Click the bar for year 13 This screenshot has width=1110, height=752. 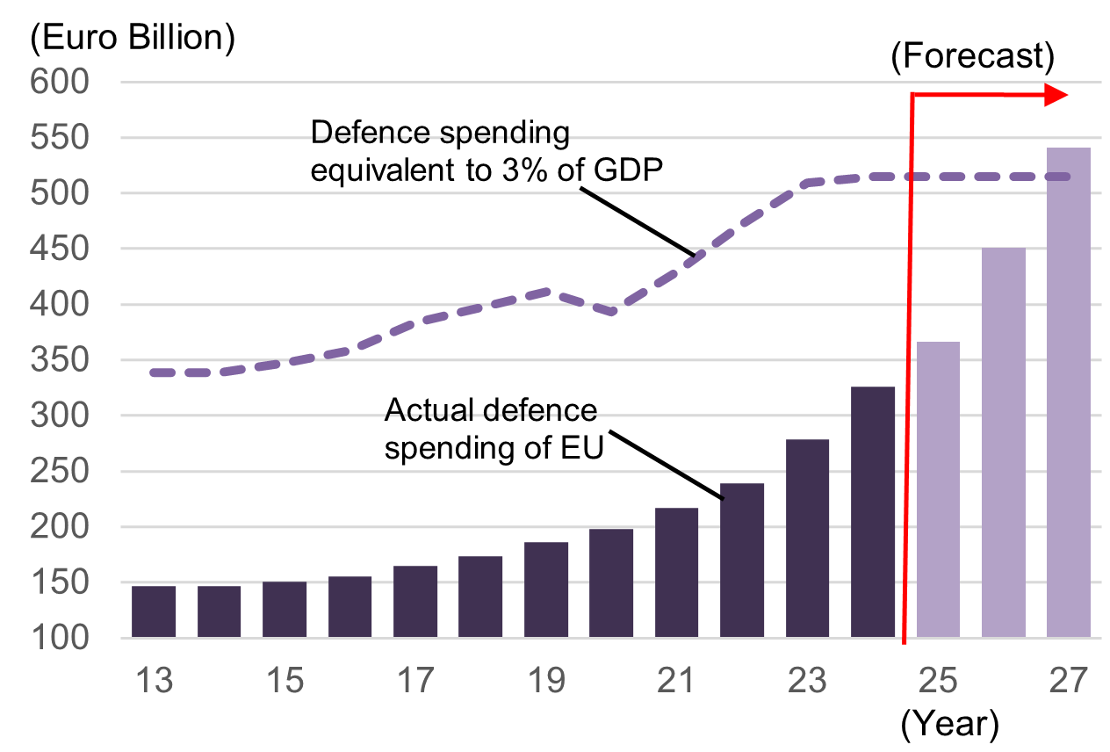click(x=154, y=611)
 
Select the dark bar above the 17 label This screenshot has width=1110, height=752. click(x=415, y=602)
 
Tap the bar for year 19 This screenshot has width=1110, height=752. click(x=546, y=589)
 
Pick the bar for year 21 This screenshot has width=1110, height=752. click(x=677, y=573)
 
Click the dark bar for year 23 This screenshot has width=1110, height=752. click(x=808, y=539)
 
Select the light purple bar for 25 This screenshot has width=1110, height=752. click(x=938, y=489)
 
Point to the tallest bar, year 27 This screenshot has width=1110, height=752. click(x=1069, y=393)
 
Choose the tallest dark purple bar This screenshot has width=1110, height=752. click(x=873, y=512)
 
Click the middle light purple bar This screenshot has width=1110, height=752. click(x=1004, y=443)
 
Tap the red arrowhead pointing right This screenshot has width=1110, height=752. click(x=1056, y=95)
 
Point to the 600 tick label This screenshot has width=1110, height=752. click(x=60, y=83)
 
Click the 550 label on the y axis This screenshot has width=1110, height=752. click(x=60, y=138)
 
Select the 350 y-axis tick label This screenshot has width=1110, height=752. click(x=60, y=360)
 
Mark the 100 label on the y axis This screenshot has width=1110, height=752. click(x=60, y=639)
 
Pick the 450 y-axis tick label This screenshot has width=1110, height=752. click(x=60, y=249)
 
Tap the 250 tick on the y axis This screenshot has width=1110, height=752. click(x=60, y=472)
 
